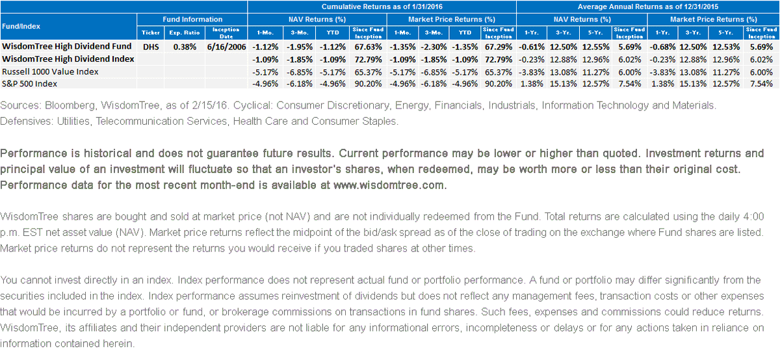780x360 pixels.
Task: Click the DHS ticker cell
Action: [x=151, y=47]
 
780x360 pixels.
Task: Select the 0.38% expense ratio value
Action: [x=185, y=47]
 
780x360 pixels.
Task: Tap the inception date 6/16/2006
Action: [x=226, y=47]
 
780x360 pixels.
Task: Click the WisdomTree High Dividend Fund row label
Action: [x=67, y=46]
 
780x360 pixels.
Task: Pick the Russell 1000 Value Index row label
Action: [x=50, y=71]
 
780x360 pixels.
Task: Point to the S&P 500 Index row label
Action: [x=30, y=84]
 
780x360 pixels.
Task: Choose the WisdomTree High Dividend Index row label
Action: [x=68, y=59]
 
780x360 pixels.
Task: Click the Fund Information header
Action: [x=192, y=19]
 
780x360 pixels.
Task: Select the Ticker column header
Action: [x=151, y=32]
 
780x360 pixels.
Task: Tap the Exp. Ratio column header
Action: [x=185, y=32]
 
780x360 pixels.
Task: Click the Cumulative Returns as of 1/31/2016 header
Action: [x=382, y=6]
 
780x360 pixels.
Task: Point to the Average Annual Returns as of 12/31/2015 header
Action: [x=648, y=6]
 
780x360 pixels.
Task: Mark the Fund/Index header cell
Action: [x=21, y=26]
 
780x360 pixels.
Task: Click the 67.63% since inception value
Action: [x=369, y=47]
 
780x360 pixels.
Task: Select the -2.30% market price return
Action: [x=434, y=47]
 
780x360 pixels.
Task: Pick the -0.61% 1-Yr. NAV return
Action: [x=532, y=47]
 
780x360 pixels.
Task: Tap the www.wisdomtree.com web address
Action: [x=389, y=185]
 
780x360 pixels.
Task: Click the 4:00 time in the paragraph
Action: [x=753, y=216]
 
